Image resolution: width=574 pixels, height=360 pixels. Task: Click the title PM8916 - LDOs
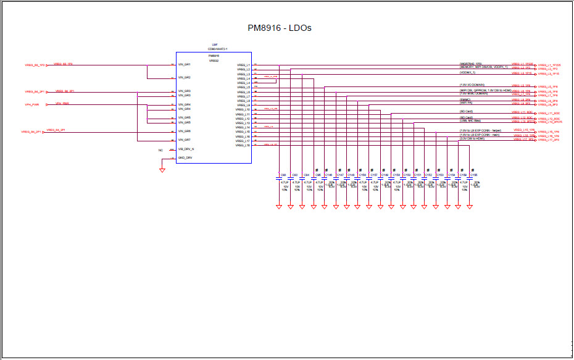[279, 28]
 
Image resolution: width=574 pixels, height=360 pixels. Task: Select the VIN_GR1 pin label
[184, 64]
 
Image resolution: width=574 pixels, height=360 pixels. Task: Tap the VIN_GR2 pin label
[184, 78]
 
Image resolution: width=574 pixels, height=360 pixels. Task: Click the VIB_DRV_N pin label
[186, 149]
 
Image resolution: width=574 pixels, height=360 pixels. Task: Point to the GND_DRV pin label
[185, 158]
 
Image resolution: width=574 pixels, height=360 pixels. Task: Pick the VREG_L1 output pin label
[243, 64]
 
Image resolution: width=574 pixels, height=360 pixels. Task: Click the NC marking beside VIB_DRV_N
[160, 150]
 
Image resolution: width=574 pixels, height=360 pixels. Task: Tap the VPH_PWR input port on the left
[32, 105]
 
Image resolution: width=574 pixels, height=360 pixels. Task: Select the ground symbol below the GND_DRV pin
[162, 170]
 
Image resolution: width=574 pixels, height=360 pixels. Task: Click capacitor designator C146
[329, 175]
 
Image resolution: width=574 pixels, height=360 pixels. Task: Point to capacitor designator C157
[374, 175]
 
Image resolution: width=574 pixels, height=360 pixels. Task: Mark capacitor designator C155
[474, 175]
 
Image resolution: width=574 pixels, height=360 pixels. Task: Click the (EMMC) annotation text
[465, 99]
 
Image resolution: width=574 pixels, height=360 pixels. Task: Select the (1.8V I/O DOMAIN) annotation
[472, 85]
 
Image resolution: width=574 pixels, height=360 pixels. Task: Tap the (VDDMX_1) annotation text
[468, 73]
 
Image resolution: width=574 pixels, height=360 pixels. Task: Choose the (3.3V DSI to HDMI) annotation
[472, 139]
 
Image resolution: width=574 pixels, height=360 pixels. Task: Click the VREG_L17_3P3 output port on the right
[549, 140]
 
